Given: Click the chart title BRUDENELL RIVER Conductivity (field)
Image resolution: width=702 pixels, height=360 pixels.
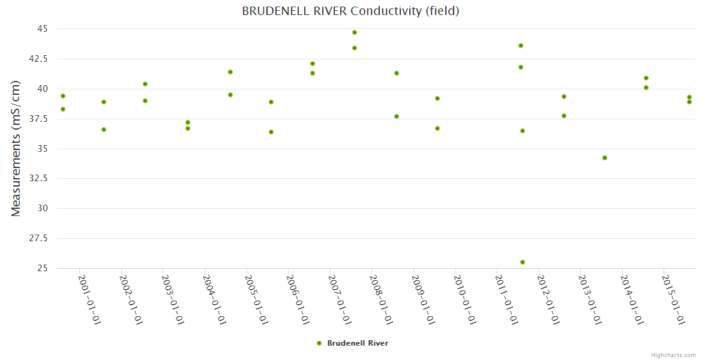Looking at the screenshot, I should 350,11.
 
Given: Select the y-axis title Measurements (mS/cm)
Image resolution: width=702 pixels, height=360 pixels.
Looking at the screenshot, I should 16,148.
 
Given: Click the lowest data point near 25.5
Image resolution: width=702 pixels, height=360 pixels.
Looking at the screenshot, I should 523,262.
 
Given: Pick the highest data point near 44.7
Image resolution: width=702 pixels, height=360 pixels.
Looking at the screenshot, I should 355,32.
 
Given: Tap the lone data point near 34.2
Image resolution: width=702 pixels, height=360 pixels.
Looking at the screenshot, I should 605,158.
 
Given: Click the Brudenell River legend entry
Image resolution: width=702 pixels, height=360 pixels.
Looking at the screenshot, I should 353,343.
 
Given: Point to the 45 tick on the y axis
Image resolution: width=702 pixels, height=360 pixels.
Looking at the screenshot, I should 42,29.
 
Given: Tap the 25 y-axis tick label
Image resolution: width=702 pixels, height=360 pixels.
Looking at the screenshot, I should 42,268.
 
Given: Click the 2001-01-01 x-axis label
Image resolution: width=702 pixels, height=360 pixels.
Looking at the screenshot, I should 89,299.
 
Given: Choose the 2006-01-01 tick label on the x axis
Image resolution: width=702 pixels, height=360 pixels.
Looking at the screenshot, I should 298,299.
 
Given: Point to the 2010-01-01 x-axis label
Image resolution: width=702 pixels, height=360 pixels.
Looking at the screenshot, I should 465,299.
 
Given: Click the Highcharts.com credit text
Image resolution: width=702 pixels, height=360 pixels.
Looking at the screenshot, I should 673,355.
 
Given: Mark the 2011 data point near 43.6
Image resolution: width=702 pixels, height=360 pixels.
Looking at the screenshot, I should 521,46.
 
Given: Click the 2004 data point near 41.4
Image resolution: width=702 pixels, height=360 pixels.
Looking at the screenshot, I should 230,72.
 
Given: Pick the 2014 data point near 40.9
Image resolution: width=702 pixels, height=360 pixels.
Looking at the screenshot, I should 646,78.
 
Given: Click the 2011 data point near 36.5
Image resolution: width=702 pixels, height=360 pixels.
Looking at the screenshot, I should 523,131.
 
